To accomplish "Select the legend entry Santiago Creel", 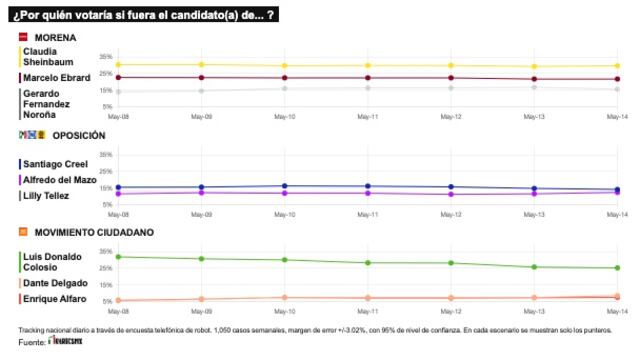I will click(x=55, y=163).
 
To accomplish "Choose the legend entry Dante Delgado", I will click(x=55, y=283).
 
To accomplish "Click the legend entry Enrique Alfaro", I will click(x=54, y=298).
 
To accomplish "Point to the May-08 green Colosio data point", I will click(x=118, y=257).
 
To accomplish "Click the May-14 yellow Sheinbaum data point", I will click(x=616, y=66).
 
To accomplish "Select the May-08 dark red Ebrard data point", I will click(x=118, y=77).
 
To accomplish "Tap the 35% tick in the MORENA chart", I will click(x=105, y=56).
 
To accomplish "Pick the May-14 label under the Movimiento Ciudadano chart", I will click(x=616, y=312).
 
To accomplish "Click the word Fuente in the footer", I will click(x=32, y=343).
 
